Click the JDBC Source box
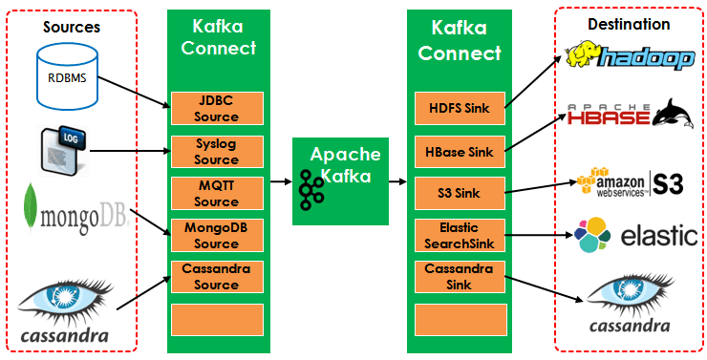pos(216,109)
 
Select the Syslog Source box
pos(216,151)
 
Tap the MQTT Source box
pos(216,193)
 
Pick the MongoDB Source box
pos(216,235)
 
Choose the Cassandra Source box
pos(216,277)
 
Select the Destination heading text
pos(631,24)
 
